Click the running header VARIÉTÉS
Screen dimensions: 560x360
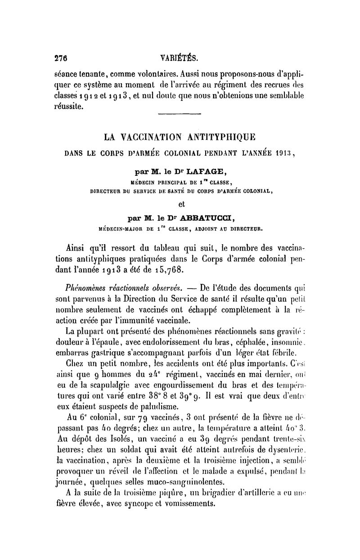click(179, 58)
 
